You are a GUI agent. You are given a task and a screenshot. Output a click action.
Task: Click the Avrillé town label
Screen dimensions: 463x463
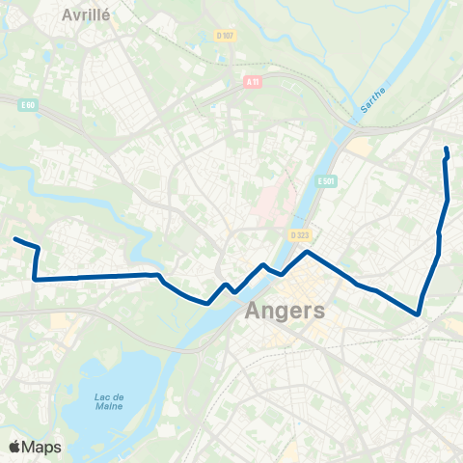point(85,15)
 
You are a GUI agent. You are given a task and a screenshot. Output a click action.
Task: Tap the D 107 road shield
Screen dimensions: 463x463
point(226,36)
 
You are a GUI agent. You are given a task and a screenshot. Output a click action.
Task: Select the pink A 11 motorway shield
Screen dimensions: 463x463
point(254,83)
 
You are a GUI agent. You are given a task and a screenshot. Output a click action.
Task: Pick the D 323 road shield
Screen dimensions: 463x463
point(297,233)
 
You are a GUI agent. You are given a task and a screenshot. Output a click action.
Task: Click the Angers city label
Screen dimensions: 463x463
point(286,312)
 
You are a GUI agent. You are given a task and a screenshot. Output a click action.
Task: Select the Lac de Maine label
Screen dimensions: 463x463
point(111,402)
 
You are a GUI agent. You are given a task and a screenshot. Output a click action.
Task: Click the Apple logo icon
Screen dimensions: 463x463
point(14,447)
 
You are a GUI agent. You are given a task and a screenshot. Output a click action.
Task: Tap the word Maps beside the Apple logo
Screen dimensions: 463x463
point(41,448)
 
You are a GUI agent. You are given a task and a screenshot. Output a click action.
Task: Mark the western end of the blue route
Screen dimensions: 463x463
point(14,239)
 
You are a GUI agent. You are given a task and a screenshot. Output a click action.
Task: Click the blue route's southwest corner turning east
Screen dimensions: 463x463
point(35,280)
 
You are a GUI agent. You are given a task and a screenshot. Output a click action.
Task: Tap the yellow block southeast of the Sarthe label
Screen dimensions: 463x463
point(359,147)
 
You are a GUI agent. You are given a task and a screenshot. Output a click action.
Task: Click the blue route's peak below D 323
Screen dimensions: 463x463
point(307,252)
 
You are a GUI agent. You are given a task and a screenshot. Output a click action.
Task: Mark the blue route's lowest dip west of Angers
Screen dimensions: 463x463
point(208,303)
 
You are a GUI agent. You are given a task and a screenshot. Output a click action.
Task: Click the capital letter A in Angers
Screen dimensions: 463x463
point(256,312)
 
